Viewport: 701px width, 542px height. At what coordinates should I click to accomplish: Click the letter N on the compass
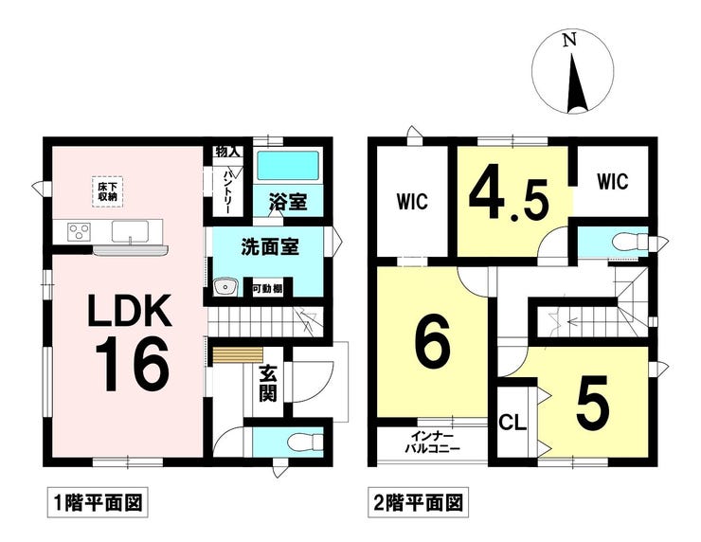(569, 41)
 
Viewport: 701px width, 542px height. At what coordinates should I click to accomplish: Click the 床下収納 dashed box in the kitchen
(108, 191)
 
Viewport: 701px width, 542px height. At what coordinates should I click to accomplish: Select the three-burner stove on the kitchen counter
(79, 232)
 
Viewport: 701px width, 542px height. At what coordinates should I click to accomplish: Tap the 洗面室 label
(270, 247)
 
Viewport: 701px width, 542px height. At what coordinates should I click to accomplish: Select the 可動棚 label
(268, 289)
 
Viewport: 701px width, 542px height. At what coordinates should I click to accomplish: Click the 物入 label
(227, 152)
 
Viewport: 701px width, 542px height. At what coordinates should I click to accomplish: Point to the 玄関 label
(268, 383)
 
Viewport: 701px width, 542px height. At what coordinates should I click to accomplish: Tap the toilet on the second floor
(631, 243)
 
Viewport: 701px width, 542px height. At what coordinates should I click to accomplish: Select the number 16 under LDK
(132, 365)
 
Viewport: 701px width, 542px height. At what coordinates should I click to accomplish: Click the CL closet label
(512, 423)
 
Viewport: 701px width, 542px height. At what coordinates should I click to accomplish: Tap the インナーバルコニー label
(432, 443)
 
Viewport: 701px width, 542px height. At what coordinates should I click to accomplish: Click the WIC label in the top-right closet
(613, 182)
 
